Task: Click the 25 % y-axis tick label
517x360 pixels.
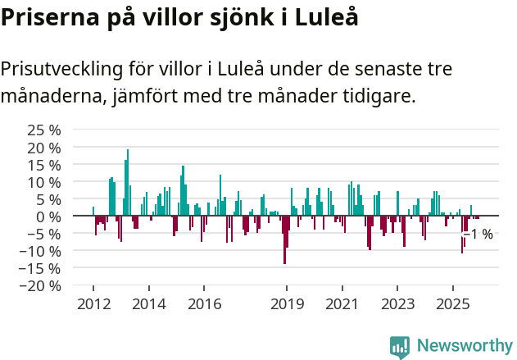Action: [x=44, y=130]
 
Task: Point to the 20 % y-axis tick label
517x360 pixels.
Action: [x=44, y=147]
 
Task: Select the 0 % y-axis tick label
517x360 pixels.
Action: [x=48, y=216]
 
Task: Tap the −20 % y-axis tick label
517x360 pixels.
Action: [x=41, y=285]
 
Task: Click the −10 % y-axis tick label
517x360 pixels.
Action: [x=41, y=251]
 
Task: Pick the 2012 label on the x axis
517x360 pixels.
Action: [x=93, y=304]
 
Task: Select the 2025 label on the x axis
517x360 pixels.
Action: [x=453, y=304]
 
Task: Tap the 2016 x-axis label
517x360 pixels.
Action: [x=204, y=304]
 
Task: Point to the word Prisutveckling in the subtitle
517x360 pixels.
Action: [x=75, y=69]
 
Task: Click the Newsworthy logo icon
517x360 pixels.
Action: [x=400, y=347]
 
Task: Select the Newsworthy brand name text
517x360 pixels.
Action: [x=464, y=347]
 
